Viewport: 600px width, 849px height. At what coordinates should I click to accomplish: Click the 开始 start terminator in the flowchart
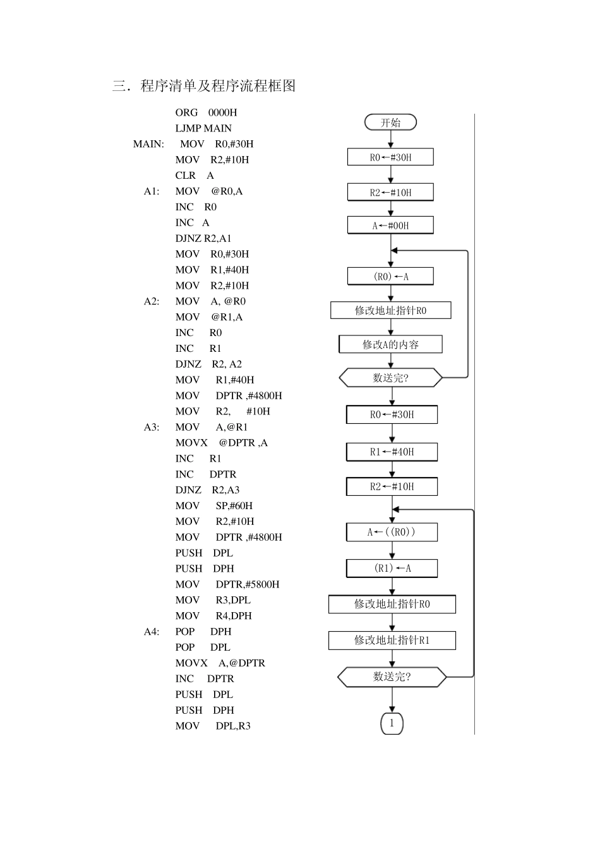pos(390,123)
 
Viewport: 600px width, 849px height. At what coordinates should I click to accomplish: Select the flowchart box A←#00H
pos(390,226)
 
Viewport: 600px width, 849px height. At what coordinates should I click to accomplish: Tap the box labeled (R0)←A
pos(390,277)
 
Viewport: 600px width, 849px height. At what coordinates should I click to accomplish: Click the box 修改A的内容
pos(390,344)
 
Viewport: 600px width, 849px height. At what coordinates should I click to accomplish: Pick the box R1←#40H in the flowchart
pos(392,452)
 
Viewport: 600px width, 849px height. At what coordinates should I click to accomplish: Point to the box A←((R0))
pos(392,532)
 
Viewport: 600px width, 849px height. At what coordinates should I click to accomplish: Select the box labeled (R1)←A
pos(392,568)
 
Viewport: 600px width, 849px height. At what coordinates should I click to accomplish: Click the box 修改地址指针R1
pos(392,640)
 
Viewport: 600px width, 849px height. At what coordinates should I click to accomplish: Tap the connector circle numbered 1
pos(392,723)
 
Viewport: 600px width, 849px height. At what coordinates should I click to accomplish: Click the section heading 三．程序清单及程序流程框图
pos(204,86)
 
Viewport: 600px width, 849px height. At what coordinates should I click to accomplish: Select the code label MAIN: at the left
pos(148,144)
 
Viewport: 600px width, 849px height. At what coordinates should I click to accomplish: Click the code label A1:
pos(152,191)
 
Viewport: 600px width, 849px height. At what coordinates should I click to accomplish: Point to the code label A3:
pos(152,427)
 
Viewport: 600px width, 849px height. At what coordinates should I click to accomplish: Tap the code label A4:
pos(152,632)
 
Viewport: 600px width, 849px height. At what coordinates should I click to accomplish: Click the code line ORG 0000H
pos(207,112)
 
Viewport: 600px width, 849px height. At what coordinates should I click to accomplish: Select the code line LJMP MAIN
pos(203,128)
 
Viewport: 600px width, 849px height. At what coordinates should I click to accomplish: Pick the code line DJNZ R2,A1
pos(203,238)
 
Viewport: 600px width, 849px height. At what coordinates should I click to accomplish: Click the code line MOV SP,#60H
pos(214,506)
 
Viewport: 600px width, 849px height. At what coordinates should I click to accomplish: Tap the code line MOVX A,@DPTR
pos(220,663)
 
